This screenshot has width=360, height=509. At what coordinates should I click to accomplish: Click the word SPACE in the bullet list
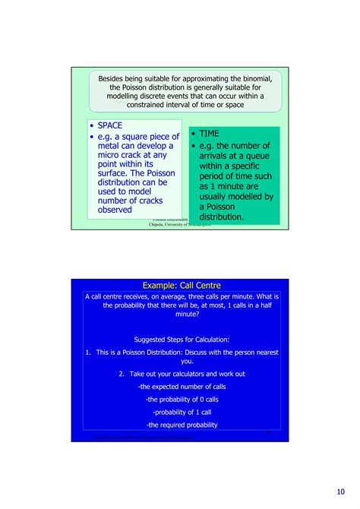(111, 125)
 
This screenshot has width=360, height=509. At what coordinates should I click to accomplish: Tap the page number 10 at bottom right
(338, 489)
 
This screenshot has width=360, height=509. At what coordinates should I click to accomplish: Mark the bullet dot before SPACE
(93, 125)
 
